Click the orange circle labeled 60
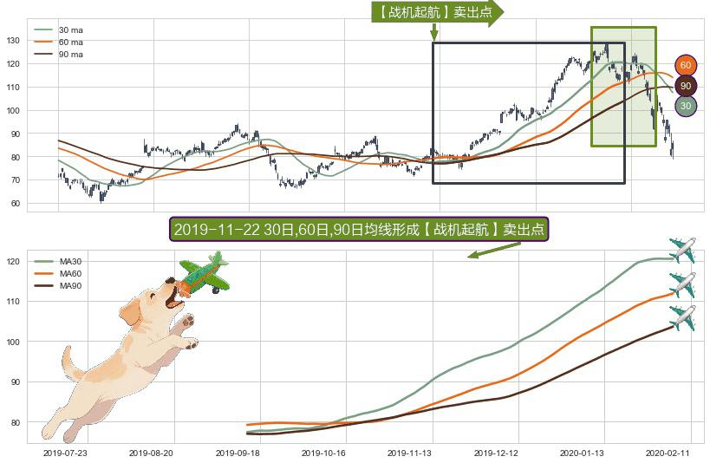(x=685, y=66)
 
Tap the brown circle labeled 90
(x=685, y=86)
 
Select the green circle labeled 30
(x=685, y=106)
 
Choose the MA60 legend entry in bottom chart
(x=70, y=273)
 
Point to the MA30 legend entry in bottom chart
(x=70, y=261)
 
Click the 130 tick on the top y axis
(x=13, y=40)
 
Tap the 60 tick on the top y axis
(x=15, y=204)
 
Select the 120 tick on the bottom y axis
(x=12, y=261)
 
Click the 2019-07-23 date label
(x=66, y=453)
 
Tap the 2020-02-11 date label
(x=668, y=453)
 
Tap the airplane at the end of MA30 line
(x=683, y=251)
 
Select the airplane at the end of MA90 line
(x=683, y=317)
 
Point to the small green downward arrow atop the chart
(x=433, y=32)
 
